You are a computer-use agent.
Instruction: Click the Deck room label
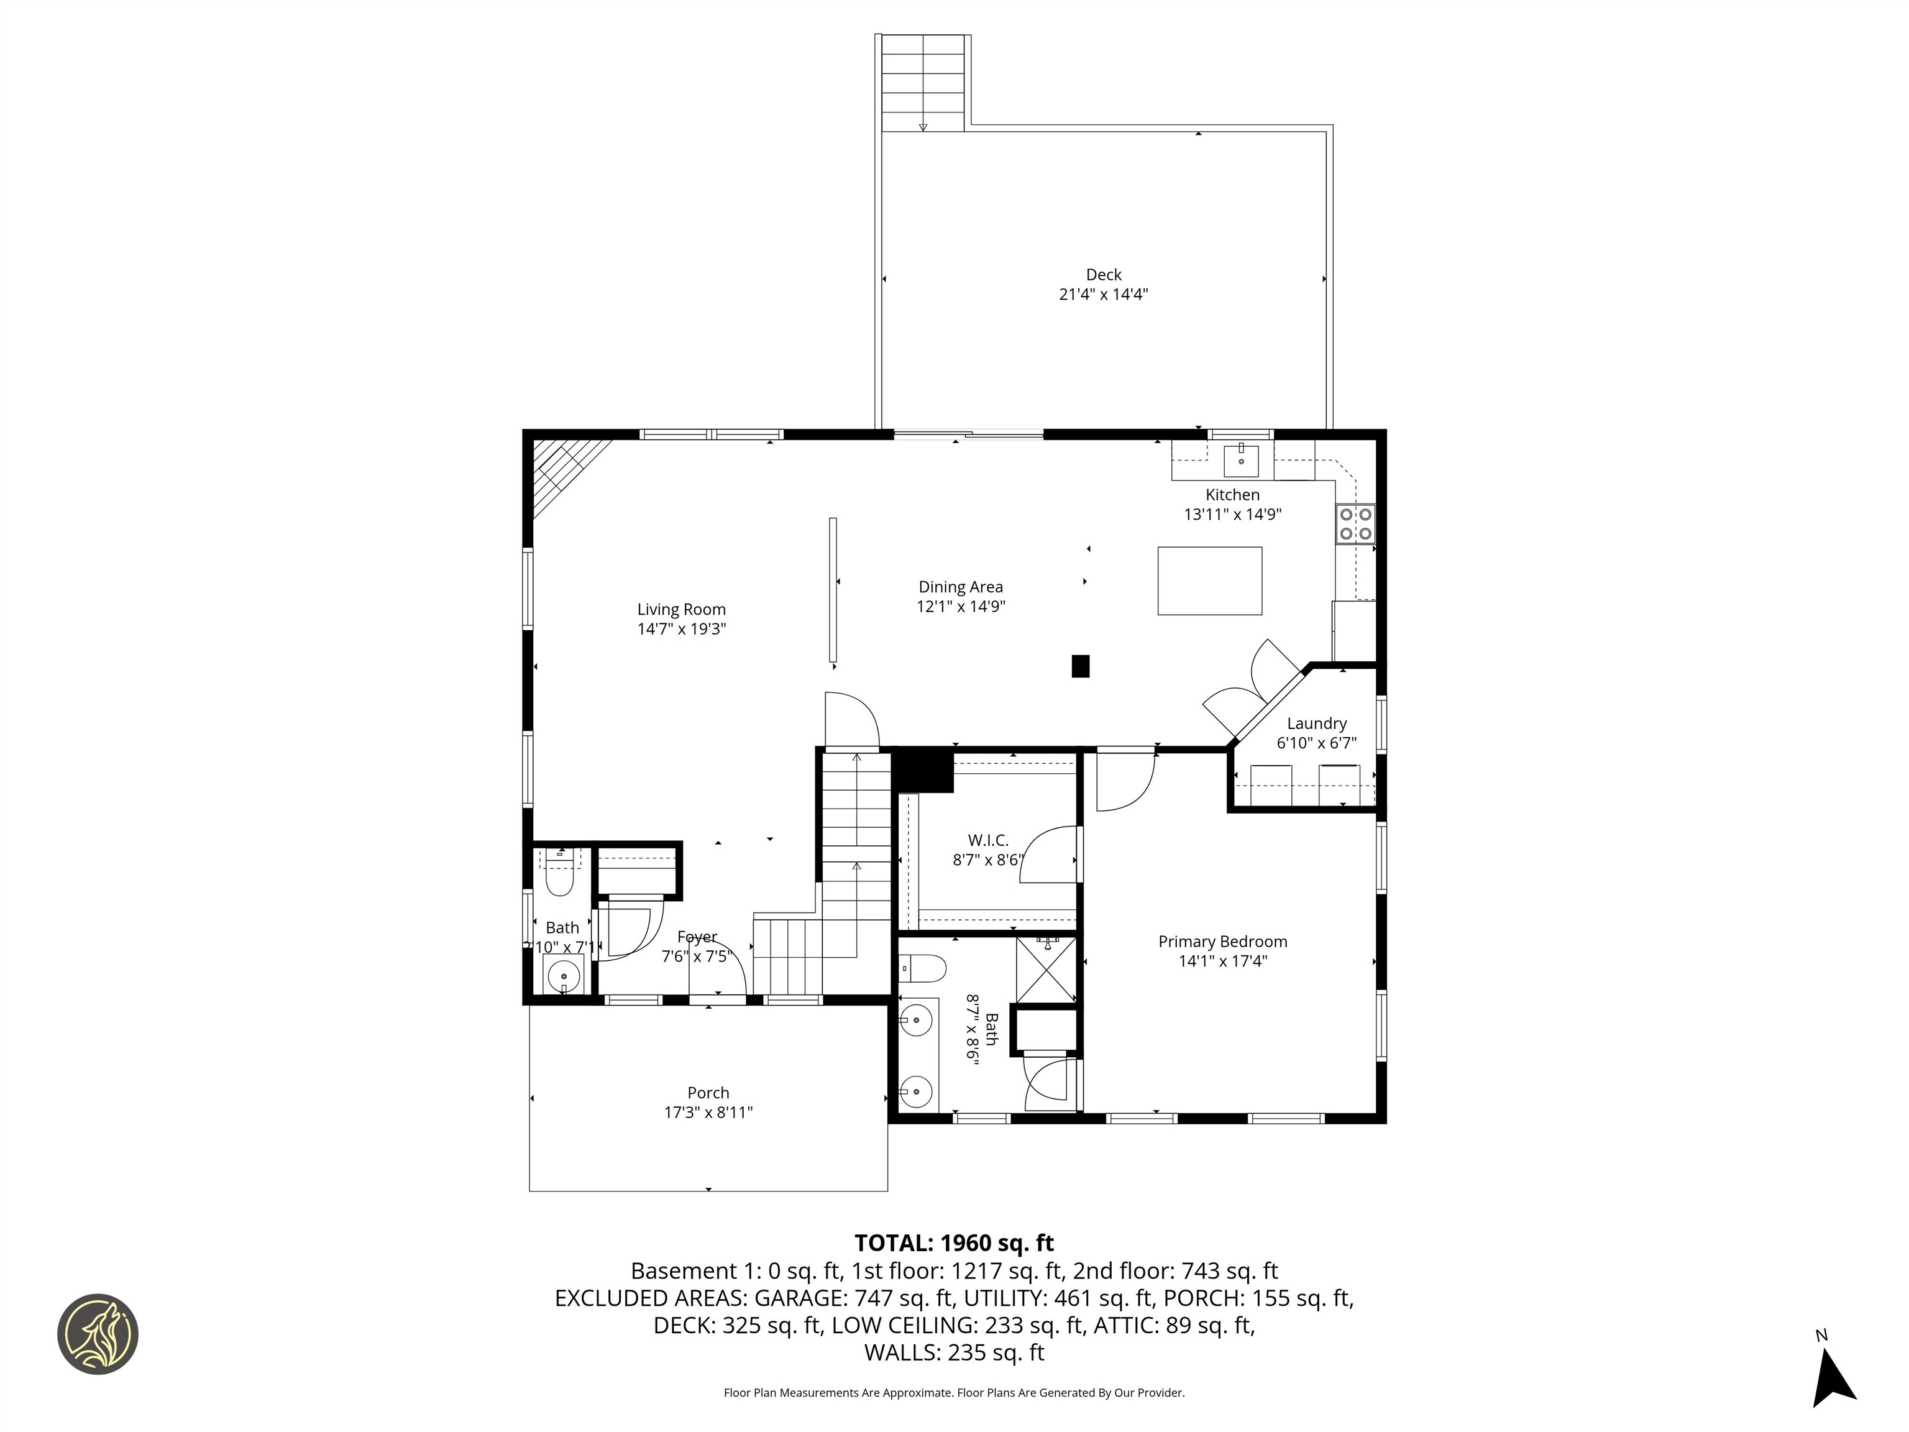pos(1103,275)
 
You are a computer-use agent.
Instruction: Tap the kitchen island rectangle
pos(1209,580)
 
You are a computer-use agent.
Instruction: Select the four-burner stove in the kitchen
pos(1355,524)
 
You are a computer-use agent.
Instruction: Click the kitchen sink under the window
pos(1241,461)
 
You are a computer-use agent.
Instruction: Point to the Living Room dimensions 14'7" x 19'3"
pos(681,628)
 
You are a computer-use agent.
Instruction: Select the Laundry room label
pos(1316,723)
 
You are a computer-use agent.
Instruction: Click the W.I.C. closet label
pos(987,840)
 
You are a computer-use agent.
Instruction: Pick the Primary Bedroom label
pos(1222,942)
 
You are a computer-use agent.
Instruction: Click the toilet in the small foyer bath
pos(560,874)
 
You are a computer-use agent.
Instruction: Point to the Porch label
pos(708,1093)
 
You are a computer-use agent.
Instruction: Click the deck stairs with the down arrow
pos(923,83)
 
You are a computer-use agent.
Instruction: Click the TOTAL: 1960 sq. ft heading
pos(954,1243)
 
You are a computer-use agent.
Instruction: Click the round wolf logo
pos(98,1334)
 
